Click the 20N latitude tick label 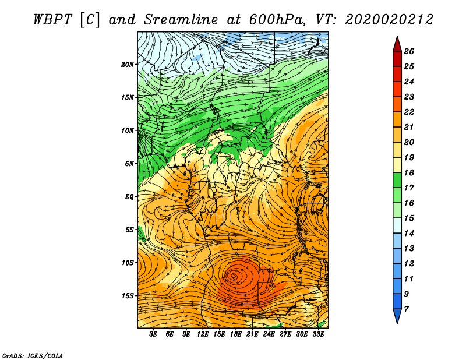click(x=128, y=65)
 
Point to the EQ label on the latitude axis click(x=129, y=197)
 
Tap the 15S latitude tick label click(x=128, y=296)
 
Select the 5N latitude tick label click(x=129, y=164)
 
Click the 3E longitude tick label click(x=153, y=334)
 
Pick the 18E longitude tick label click(x=235, y=334)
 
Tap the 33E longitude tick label click(x=318, y=334)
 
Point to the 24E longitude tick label click(x=269, y=334)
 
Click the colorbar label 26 click(x=409, y=51)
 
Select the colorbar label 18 click(x=409, y=172)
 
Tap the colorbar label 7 click(x=406, y=309)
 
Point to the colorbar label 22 click(x=409, y=112)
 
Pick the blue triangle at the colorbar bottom click(x=397, y=315)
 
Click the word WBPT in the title click(x=53, y=20)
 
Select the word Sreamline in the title click(x=181, y=20)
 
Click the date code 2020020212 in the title click(x=389, y=20)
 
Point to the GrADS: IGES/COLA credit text click(x=33, y=355)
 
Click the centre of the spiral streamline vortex click(x=234, y=277)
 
